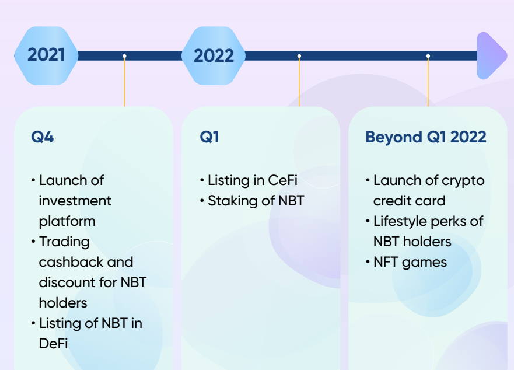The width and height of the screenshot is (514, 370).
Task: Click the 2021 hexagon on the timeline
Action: pos(46,55)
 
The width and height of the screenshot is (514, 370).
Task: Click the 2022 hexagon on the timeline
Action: pos(214,56)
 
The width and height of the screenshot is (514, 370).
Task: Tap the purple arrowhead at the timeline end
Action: pos(491,55)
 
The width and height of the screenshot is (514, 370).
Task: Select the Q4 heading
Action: pos(42,137)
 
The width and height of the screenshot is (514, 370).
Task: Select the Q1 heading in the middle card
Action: pos(209,137)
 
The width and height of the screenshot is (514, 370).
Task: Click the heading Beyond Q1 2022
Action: pos(425,137)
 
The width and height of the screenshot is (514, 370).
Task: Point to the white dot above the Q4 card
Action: pos(124,56)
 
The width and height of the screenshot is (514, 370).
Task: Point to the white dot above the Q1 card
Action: pos(299,56)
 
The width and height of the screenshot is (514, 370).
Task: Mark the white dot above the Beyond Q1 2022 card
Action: pos(428,56)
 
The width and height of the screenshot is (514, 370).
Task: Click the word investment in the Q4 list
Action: pos(75,201)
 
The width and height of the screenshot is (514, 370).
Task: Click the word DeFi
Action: pos(54,344)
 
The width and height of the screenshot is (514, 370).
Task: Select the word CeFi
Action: pos(283,180)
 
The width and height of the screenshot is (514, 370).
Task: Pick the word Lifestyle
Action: pos(400,221)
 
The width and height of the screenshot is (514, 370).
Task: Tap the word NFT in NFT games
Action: pos(386,262)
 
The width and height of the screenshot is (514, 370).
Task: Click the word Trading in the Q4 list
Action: pos(64,242)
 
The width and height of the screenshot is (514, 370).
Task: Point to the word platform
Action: pos(67,221)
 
